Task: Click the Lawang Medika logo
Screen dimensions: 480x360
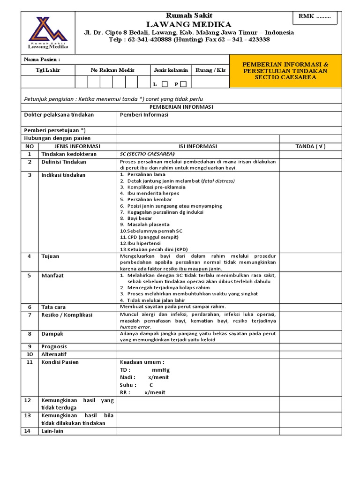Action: (48, 32)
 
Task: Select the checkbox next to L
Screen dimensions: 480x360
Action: (165, 84)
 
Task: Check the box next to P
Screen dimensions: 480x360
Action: (183, 84)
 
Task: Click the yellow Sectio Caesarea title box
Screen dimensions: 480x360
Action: (285, 70)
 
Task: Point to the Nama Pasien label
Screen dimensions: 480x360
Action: (42, 60)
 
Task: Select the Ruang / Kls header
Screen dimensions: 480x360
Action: (210, 70)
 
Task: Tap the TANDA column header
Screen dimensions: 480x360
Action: (310, 146)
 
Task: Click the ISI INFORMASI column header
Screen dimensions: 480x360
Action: (198, 146)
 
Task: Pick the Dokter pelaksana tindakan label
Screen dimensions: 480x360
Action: (59, 115)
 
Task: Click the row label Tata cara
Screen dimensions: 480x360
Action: (53, 307)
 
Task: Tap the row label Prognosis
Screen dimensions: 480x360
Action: (55, 346)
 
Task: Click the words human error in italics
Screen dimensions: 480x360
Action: (135, 327)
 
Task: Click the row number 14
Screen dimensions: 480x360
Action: (30, 431)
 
